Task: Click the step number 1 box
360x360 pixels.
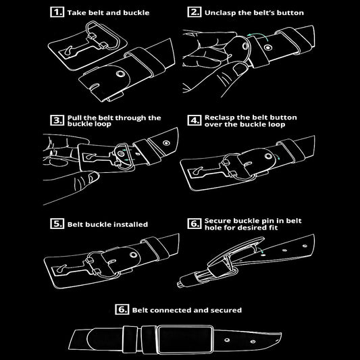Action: pos(57,12)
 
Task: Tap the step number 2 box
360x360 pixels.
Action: pos(195,12)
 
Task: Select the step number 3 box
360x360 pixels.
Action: pos(57,120)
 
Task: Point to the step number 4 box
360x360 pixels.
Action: pos(195,120)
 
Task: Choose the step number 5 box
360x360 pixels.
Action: pos(57,224)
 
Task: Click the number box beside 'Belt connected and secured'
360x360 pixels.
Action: pos(122,309)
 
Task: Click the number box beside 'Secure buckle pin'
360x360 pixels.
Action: pos(195,224)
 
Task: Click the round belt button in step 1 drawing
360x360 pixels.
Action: pos(120,74)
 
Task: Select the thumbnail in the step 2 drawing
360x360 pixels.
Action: pos(240,68)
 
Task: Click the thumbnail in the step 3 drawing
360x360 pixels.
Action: pos(94,177)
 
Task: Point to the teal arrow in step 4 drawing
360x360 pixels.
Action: pos(278,157)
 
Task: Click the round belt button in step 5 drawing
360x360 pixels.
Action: pos(133,255)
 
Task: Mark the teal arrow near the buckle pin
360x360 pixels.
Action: pos(260,251)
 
